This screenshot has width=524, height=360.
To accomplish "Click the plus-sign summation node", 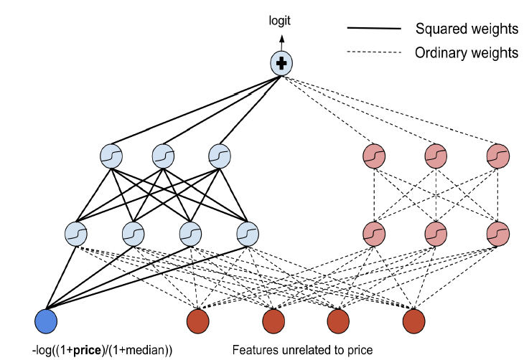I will (x=281, y=64).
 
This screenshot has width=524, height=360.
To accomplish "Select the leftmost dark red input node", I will (x=197, y=320).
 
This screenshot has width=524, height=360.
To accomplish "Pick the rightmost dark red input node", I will (x=414, y=320).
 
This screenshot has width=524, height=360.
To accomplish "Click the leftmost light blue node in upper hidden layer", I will (x=111, y=155).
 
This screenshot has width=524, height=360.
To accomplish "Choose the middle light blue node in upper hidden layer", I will (x=163, y=155).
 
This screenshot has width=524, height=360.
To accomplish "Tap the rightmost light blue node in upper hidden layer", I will (x=219, y=155).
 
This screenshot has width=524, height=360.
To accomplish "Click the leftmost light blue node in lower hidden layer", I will (x=75, y=233).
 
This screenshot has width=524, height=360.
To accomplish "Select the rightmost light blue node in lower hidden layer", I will (x=247, y=233).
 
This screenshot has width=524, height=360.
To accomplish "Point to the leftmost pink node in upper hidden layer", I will (x=373, y=155).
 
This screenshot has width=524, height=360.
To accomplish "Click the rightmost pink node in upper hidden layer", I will (x=497, y=155).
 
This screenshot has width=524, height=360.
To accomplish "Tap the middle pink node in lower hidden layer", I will (x=435, y=233).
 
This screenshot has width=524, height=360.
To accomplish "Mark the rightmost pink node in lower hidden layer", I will (x=497, y=233).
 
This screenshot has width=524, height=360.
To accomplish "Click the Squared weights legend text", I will (x=467, y=29).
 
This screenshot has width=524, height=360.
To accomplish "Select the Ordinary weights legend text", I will (x=467, y=52).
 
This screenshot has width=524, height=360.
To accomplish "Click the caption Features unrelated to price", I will (x=302, y=351).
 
